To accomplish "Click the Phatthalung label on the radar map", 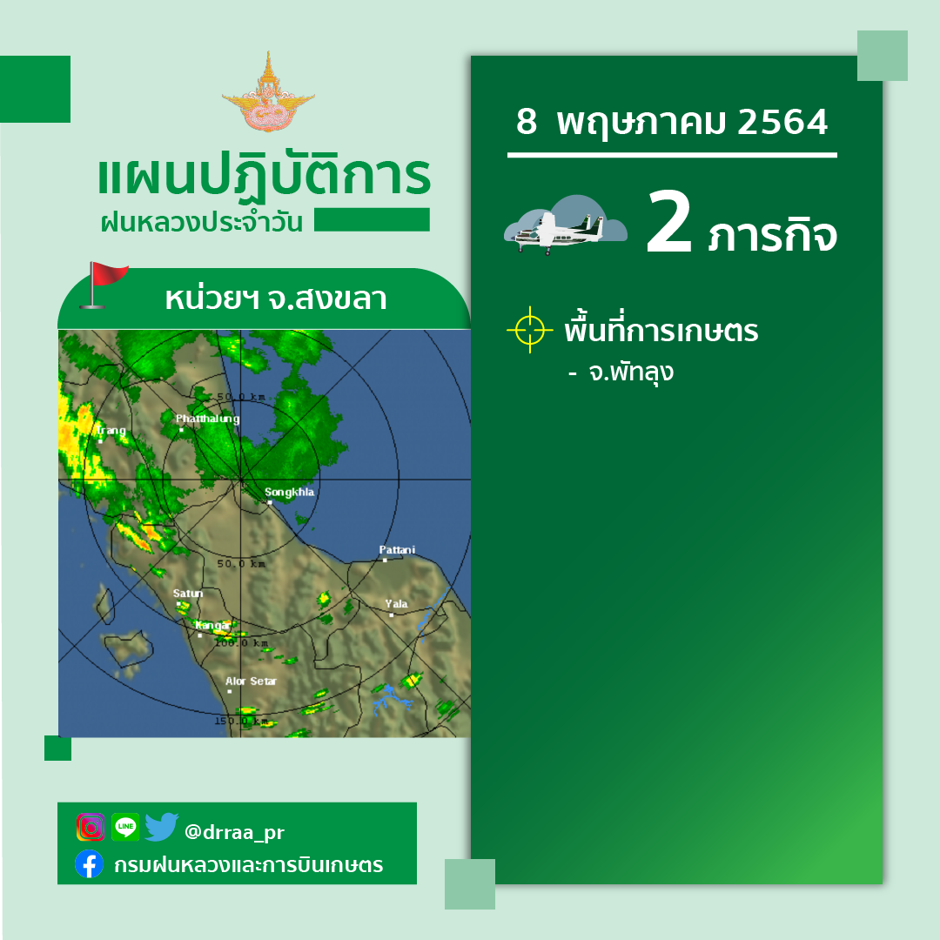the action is click(x=207, y=419).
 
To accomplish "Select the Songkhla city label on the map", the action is click(x=290, y=492).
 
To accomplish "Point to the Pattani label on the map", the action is click(x=397, y=550).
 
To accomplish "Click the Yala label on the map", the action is click(x=396, y=604).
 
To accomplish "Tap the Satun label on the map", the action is click(x=188, y=594).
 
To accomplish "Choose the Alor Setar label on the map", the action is click(x=252, y=681).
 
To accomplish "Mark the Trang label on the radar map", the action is click(x=111, y=430).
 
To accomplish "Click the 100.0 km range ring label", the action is click(x=242, y=642).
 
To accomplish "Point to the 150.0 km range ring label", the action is click(x=242, y=721).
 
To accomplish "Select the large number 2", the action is click(x=669, y=221).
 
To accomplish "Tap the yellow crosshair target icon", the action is click(x=530, y=330).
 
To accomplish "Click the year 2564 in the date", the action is click(x=782, y=123).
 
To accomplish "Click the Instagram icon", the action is click(x=91, y=828).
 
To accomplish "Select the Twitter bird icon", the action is click(x=161, y=827).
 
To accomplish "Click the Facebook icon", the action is click(x=89, y=864).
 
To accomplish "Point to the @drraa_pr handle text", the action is click(x=234, y=832).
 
